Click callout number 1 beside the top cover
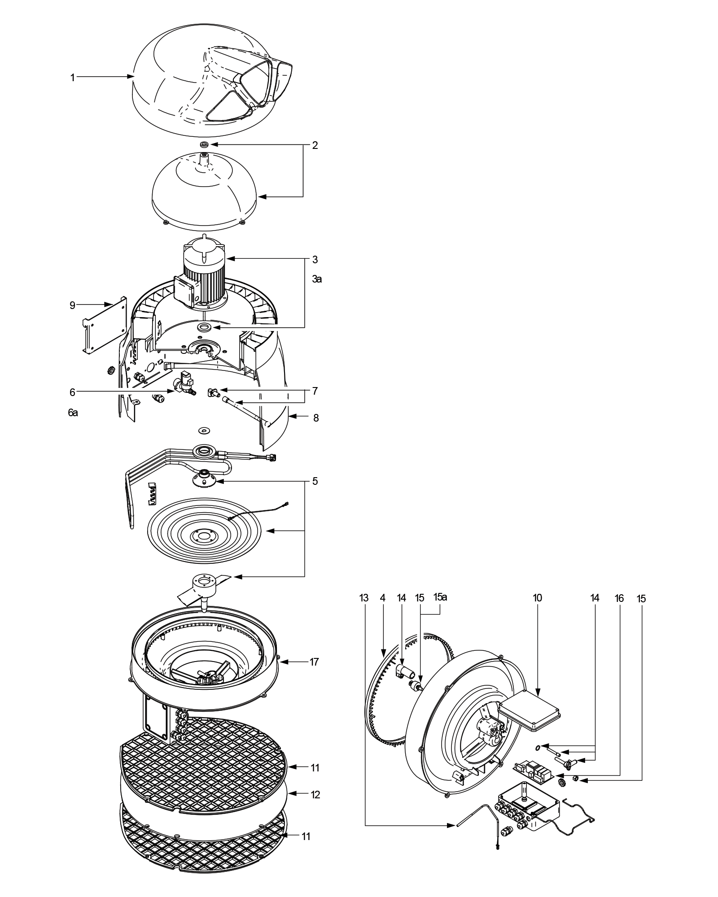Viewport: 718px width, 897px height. tap(72, 78)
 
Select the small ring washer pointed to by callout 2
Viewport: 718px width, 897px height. tap(205, 144)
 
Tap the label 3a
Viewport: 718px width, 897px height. tap(317, 279)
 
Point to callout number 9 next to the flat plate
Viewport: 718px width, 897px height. tap(72, 305)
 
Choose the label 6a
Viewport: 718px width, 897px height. tap(73, 413)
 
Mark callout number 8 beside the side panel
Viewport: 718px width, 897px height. tap(316, 418)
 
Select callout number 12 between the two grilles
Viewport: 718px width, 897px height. tap(315, 795)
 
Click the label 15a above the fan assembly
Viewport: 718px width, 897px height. tap(441, 597)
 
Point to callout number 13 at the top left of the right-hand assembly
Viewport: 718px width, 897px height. tap(364, 598)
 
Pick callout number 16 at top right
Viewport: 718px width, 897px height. tap(619, 598)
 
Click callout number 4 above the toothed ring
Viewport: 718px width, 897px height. tap(382, 598)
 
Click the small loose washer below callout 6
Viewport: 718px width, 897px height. tap(205, 430)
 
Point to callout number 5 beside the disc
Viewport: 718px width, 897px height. tap(315, 481)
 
